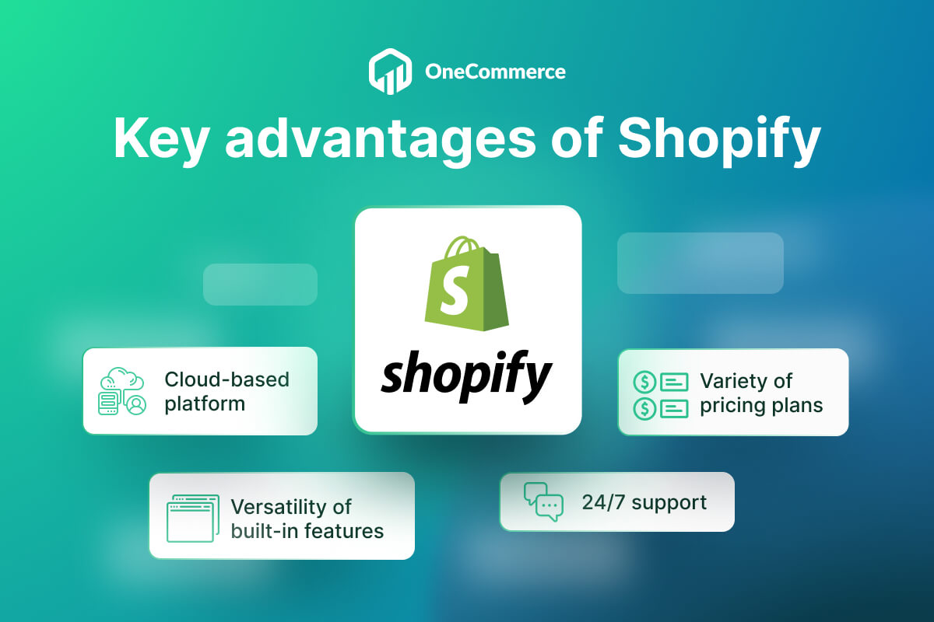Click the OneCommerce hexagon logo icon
(x=388, y=72)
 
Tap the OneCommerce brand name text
(x=495, y=72)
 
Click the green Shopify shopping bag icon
(x=466, y=284)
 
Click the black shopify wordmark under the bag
(x=466, y=376)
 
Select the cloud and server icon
(x=122, y=391)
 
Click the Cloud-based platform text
(x=226, y=391)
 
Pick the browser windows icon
(x=192, y=518)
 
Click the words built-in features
(x=307, y=531)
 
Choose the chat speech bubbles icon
(x=543, y=501)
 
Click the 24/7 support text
(x=644, y=502)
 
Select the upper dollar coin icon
(x=644, y=382)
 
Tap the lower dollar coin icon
(x=644, y=407)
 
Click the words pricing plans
(x=760, y=406)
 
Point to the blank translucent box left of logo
(x=260, y=284)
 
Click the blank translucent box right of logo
(x=700, y=263)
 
